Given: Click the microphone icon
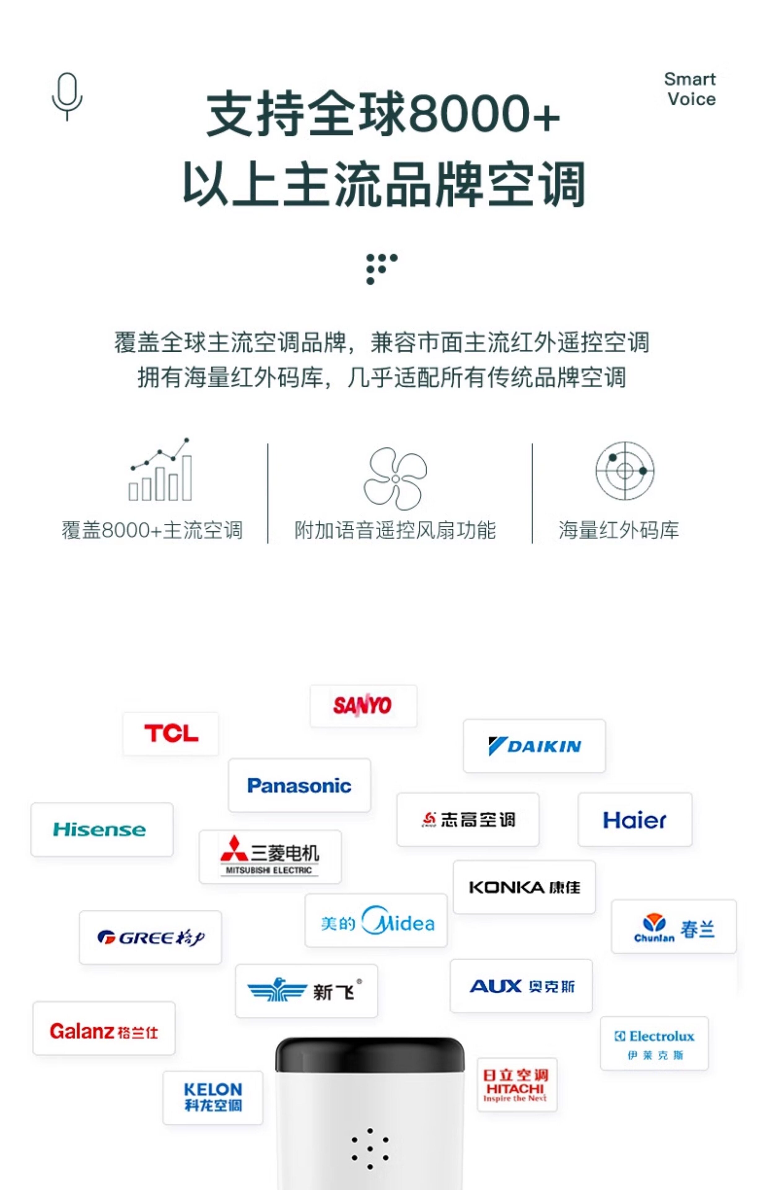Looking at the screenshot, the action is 67,96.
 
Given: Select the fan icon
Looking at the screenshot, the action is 395,478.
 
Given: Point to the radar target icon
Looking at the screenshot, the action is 625,470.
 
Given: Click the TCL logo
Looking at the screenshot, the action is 171,734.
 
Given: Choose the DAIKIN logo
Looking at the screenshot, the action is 534,746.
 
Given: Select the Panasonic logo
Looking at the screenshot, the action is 299,785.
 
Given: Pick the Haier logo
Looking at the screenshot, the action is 634,820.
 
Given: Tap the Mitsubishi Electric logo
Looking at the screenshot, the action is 270,856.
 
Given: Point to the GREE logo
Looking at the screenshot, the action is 151,937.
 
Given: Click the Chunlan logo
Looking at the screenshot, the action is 673,927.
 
